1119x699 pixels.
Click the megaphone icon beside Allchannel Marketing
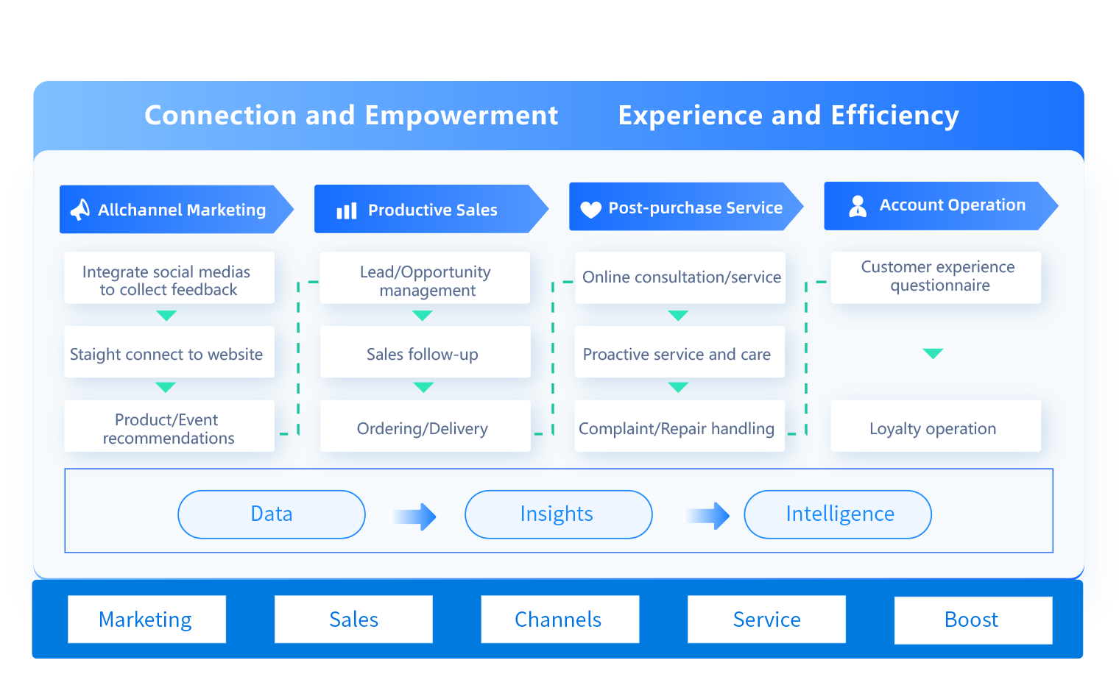click(80, 210)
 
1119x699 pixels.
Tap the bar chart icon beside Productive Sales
click(347, 211)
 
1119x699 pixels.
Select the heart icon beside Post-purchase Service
click(590, 210)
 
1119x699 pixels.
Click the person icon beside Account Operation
click(858, 206)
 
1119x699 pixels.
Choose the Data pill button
click(272, 514)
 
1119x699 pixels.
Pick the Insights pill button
click(558, 514)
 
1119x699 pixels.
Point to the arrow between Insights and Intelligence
click(708, 517)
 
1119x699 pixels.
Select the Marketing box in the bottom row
click(147, 620)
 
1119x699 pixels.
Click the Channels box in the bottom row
click(559, 620)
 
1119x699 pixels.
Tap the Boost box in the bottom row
click(972, 620)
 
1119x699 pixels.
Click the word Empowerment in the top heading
click(461, 116)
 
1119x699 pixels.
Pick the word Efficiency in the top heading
click(894, 116)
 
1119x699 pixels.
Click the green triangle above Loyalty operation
click(933, 353)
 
